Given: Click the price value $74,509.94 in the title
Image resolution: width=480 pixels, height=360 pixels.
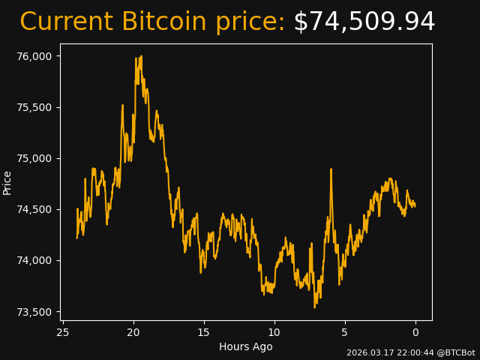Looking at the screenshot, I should coord(364,22).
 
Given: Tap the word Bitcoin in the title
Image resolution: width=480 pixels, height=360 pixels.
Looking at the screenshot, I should coord(163,22).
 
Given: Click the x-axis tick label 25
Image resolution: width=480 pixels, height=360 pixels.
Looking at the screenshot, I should coord(63,332).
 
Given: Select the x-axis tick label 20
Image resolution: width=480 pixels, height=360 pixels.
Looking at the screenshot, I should coord(133,332).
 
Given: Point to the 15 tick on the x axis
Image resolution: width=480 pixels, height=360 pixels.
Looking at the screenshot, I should coord(204,332).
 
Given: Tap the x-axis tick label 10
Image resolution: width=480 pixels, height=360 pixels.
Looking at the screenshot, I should coord(274,332).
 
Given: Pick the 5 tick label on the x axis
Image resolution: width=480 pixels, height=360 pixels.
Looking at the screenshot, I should coord(345,332).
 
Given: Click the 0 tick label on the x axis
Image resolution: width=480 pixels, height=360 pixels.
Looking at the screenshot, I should coord(415,332).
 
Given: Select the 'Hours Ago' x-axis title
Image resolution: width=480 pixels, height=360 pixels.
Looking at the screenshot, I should coord(245,346).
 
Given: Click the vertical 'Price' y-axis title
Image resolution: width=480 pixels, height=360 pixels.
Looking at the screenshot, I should coord(7,182).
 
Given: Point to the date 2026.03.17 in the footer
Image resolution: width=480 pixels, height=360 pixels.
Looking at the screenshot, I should coord(369,352).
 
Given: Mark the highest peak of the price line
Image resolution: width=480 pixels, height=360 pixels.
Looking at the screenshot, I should coord(141,57).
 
